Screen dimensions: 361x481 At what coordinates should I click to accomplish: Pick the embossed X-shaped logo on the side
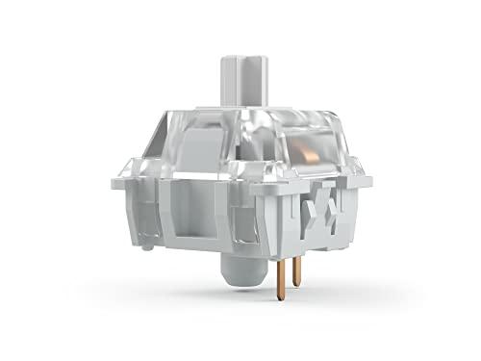pyautogui.click(x=329, y=213)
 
